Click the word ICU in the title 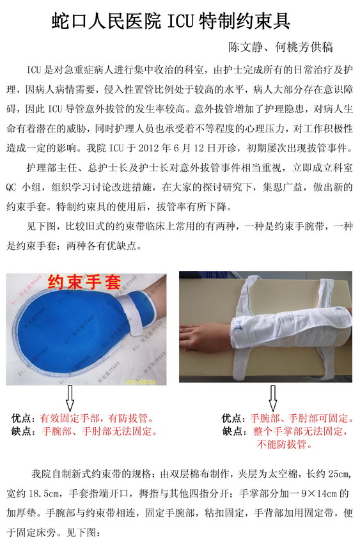pos(181,21)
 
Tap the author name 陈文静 pos(245,47)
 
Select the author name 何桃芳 pos(292,47)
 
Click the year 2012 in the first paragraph pos(148,148)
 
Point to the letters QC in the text pos(11,187)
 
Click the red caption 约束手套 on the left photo pos(84,282)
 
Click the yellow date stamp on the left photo pos(141,382)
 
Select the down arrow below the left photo pos(70,398)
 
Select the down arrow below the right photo pos(272,398)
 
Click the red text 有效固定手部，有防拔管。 pos(97,419)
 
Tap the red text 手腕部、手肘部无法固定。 pos(100,431)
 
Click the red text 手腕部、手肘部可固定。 pos(302,419)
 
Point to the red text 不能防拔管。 pos(285,444)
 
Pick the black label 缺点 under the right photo pos(232,431)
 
